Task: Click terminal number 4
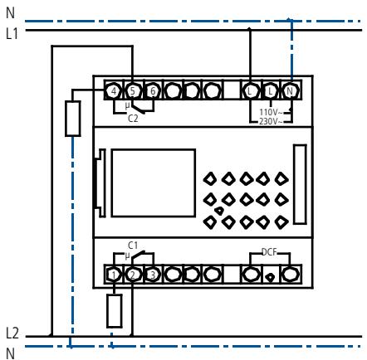coord(114,90)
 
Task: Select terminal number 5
coord(133,90)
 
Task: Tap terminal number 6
coord(153,90)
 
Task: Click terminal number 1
coord(114,275)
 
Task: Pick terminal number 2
coord(133,275)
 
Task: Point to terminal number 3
coord(153,275)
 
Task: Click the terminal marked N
coord(290,90)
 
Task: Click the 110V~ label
coord(271,113)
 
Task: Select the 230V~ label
coord(271,121)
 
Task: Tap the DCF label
coord(269,252)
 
